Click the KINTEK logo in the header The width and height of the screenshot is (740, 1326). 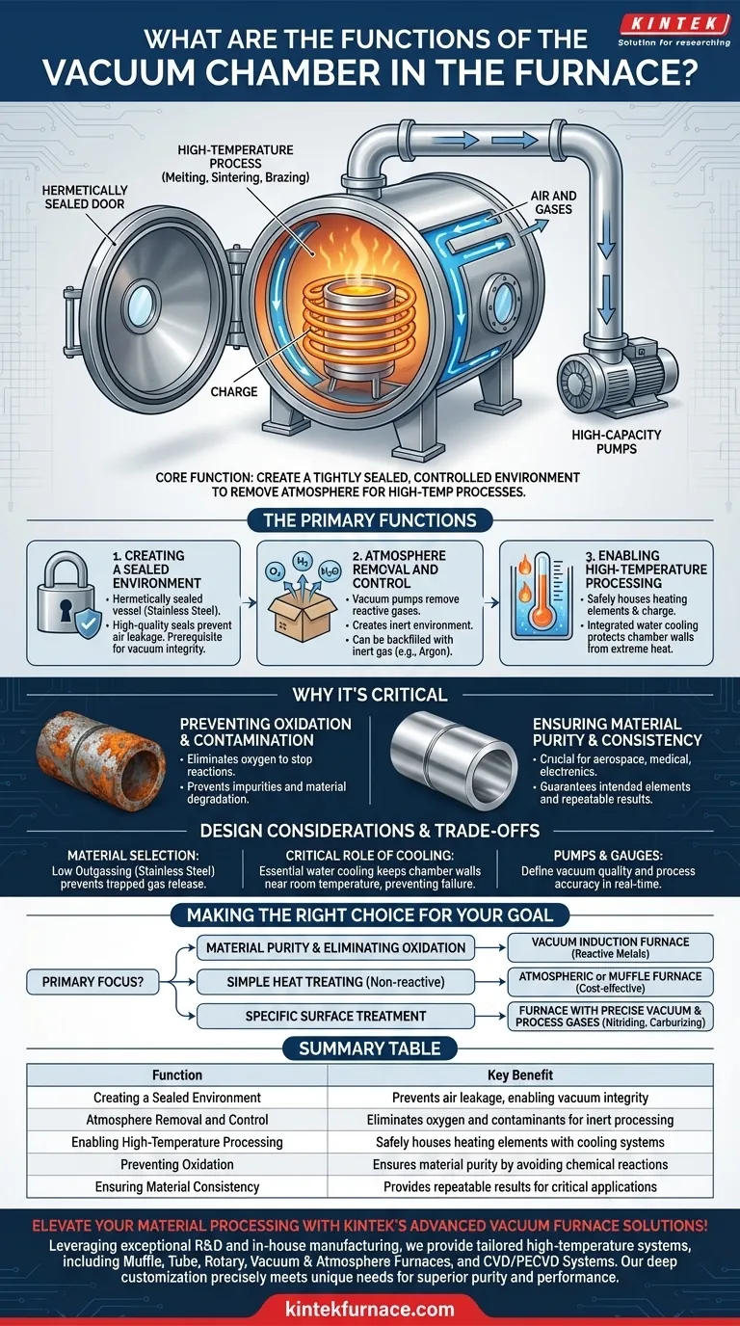pyautogui.click(x=674, y=30)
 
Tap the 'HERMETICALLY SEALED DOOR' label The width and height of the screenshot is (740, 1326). pyautogui.click(x=85, y=198)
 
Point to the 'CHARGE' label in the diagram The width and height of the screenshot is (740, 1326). pyautogui.click(x=234, y=392)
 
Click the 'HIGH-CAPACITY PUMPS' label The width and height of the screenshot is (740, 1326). pyautogui.click(x=617, y=441)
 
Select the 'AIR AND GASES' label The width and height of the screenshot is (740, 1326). pyautogui.click(x=553, y=202)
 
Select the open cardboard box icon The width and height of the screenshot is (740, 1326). pyautogui.click(x=303, y=616)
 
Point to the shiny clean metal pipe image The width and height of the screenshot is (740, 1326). pyautogui.click(x=454, y=761)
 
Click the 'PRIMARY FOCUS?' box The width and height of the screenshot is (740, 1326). pyautogui.click(x=92, y=981)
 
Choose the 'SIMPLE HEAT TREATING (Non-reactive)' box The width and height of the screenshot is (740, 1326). pyautogui.click(x=335, y=982)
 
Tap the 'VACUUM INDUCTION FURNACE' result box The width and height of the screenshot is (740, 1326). pyautogui.click(x=610, y=947)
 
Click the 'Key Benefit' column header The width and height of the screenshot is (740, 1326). pyautogui.click(x=520, y=1075)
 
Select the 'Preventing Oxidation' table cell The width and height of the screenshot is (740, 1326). pyautogui.click(x=177, y=1164)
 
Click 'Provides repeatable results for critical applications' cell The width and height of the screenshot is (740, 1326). pyautogui.click(x=520, y=1187)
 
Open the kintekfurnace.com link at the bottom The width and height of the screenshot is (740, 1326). pyautogui.click(x=370, y=1308)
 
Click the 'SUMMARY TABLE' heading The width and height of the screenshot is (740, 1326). pyautogui.click(x=370, y=1049)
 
